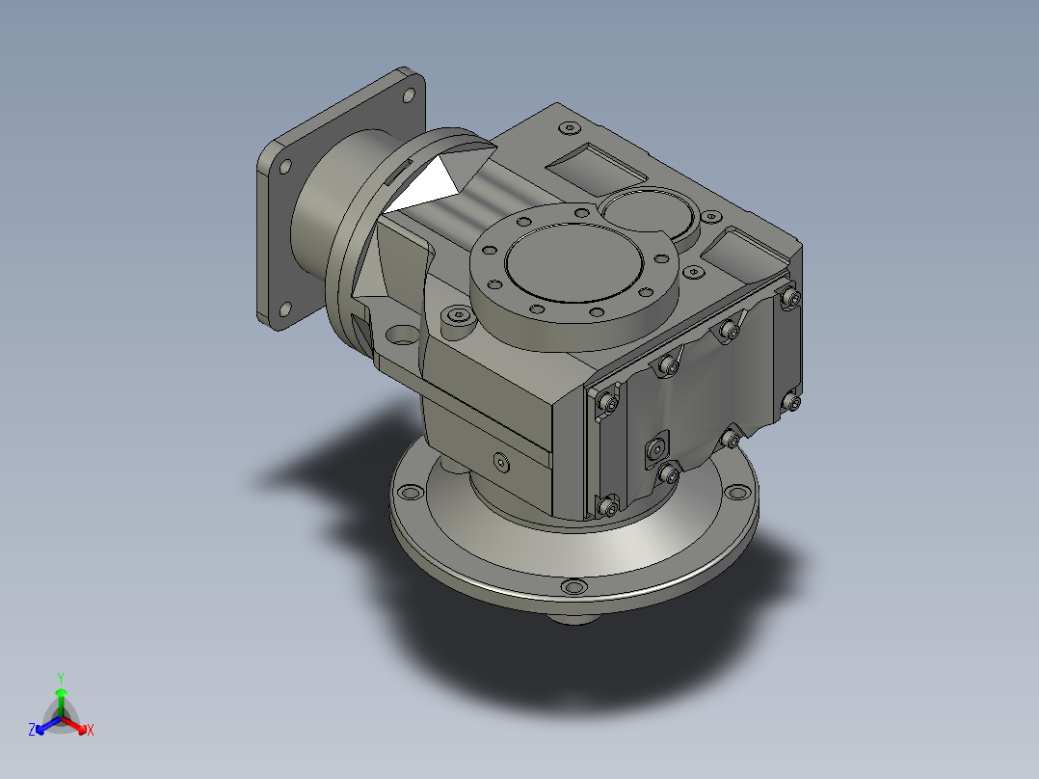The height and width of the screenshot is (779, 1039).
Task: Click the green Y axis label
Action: coord(61,678)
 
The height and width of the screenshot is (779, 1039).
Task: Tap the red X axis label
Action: coord(91,730)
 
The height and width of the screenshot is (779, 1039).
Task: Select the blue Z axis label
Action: coord(31,729)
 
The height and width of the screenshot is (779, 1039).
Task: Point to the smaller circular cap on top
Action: coord(650,213)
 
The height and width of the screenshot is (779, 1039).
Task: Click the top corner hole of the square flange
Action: coord(409,95)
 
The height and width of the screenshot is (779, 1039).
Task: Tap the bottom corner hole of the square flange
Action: coord(285,309)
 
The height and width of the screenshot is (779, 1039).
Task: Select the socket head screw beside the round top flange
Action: coord(458,317)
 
